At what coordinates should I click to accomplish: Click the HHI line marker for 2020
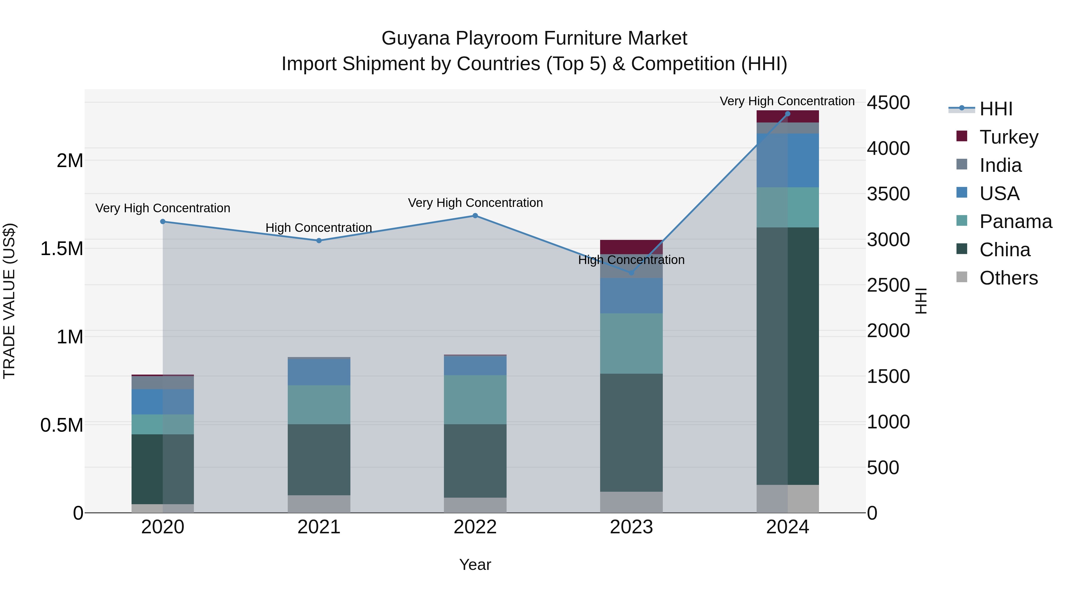tap(163, 221)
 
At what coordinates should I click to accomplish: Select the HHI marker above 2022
tap(475, 216)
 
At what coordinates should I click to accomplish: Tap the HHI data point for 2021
tap(319, 241)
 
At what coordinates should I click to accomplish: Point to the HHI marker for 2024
tap(787, 114)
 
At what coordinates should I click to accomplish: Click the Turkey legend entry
tap(1009, 137)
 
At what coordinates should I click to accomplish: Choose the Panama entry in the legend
tap(1015, 221)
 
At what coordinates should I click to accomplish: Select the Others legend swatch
tap(962, 277)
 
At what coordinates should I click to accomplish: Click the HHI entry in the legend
tap(996, 109)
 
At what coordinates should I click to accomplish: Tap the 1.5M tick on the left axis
tap(61, 249)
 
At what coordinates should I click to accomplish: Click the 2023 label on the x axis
tap(631, 527)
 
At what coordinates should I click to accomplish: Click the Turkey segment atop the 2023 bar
tap(631, 247)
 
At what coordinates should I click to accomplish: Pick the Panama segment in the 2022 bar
tap(475, 399)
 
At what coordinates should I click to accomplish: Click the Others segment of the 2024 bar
tap(787, 499)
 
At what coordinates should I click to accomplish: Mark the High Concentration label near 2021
tap(319, 228)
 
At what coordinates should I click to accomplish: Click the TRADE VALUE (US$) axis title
tap(9, 301)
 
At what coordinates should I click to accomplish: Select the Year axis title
tap(475, 565)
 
